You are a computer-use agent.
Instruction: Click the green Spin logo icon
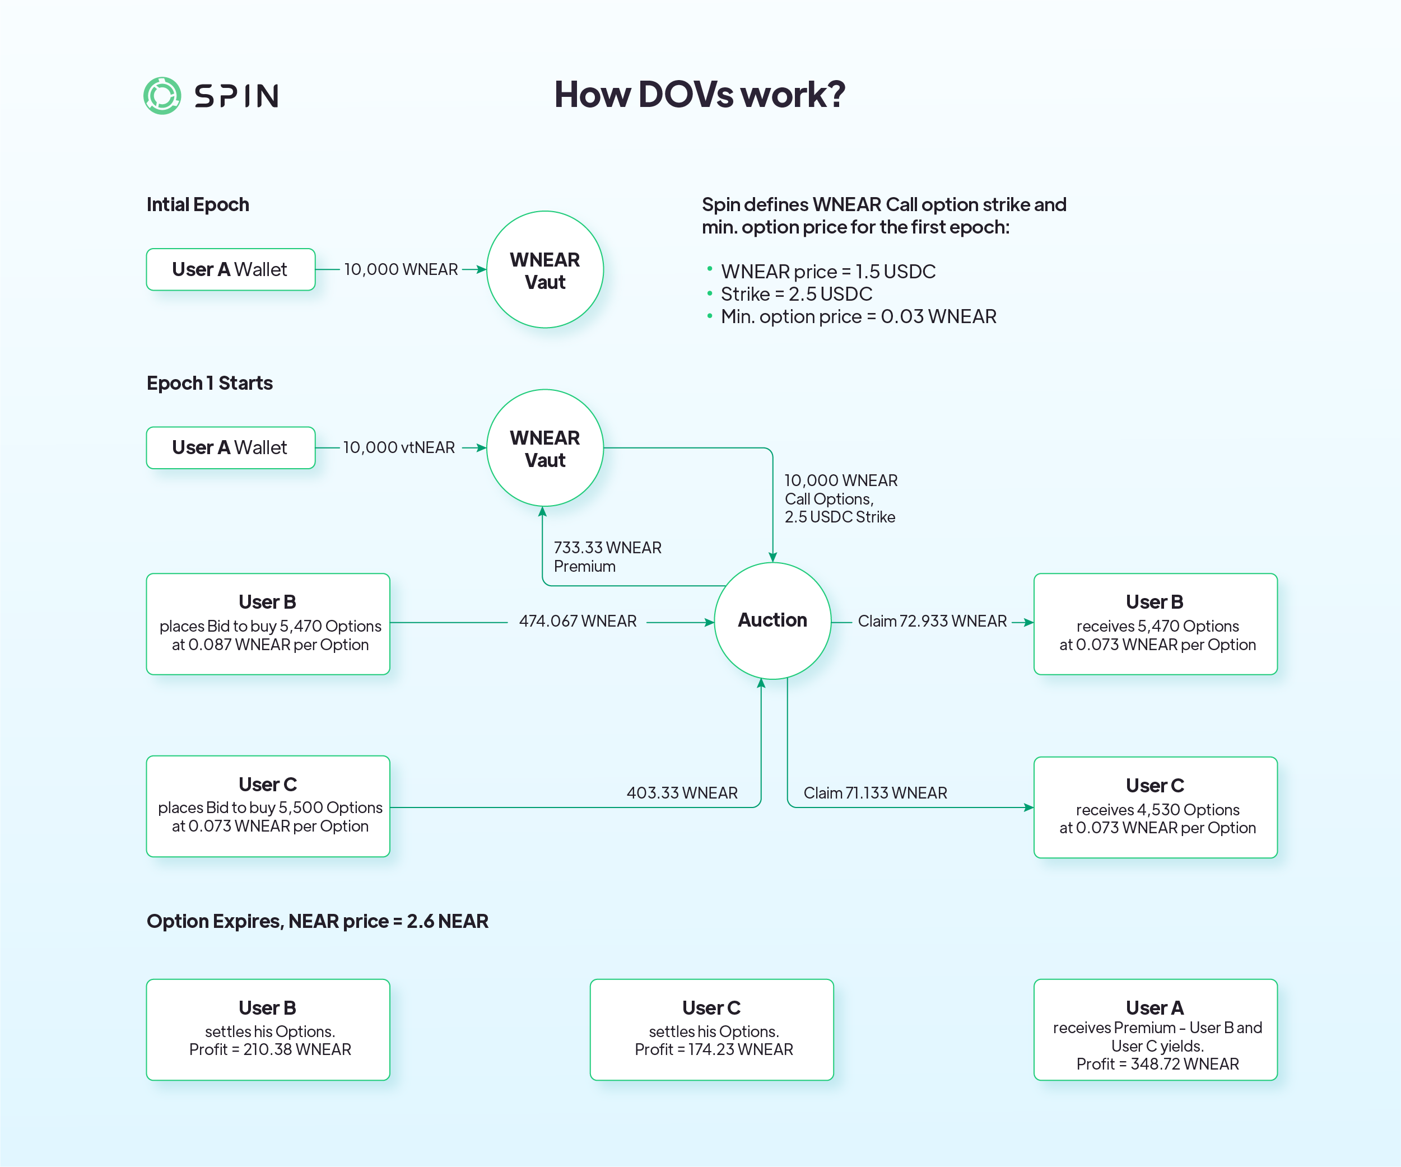click(162, 95)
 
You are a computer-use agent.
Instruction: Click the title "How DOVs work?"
click(699, 94)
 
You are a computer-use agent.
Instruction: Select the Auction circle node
click(772, 620)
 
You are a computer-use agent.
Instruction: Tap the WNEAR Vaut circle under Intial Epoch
click(544, 270)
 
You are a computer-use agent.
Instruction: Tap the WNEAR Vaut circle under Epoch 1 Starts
click(544, 448)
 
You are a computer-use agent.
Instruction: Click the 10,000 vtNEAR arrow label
click(399, 447)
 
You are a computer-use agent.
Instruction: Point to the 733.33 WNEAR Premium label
click(607, 557)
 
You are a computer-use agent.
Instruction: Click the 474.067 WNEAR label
click(578, 622)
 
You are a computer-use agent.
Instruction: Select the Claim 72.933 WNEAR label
click(932, 622)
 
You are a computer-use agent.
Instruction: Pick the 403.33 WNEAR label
click(682, 793)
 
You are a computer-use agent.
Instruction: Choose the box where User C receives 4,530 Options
click(1155, 807)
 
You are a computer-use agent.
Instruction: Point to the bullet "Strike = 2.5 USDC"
click(796, 294)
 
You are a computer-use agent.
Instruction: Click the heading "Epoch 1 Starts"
click(210, 384)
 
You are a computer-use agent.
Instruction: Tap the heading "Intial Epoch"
click(198, 205)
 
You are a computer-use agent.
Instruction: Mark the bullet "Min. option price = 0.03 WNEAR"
click(858, 317)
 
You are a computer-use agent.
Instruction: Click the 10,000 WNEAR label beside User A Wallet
click(401, 269)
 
